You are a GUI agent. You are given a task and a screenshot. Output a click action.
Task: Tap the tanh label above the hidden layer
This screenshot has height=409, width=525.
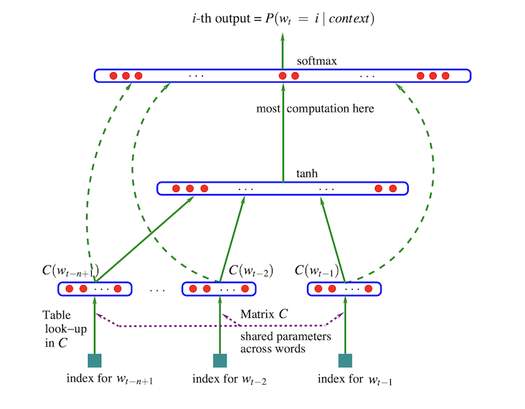click(306, 173)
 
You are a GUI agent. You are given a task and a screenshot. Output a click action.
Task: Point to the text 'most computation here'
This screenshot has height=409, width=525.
click(316, 109)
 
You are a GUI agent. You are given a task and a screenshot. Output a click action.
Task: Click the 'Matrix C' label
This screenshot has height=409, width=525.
click(265, 314)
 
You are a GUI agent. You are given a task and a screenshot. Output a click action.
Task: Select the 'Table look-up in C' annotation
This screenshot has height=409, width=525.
click(57, 329)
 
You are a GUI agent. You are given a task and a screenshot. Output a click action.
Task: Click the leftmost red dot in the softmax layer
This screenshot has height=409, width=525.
click(113, 75)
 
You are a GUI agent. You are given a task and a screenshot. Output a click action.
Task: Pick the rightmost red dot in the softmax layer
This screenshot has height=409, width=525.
click(445, 75)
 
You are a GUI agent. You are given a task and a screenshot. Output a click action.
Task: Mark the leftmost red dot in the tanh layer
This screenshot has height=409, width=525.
click(177, 189)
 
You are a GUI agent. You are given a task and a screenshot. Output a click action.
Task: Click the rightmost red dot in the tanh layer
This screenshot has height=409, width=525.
click(392, 189)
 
